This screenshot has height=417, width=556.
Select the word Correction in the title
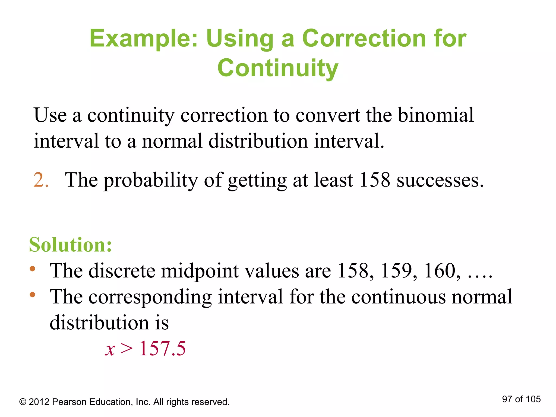(x=364, y=38)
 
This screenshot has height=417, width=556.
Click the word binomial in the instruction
(x=436, y=115)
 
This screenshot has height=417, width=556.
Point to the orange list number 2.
(x=41, y=180)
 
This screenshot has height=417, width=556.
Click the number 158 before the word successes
(x=374, y=180)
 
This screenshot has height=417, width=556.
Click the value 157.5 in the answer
(x=162, y=349)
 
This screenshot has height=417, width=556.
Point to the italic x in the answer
(x=110, y=350)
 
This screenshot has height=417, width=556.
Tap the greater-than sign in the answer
(x=127, y=349)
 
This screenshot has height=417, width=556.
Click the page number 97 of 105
(x=521, y=399)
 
